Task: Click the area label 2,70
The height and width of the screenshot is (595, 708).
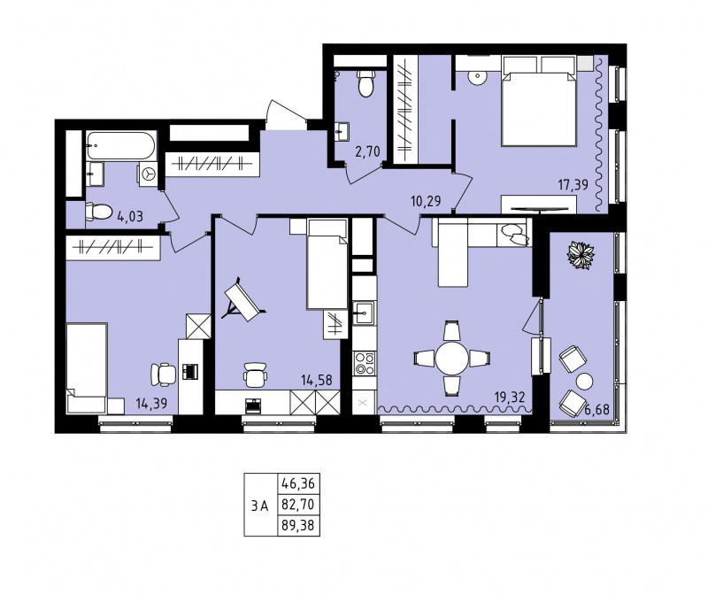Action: (x=367, y=151)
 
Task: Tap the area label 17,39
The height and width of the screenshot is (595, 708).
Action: (x=573, y=184)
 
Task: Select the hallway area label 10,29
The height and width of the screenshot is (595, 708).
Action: (x=426, y=201)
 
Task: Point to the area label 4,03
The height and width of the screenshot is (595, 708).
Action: (x=130, y=216)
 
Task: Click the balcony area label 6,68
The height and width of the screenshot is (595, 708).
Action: (x=596, y=410)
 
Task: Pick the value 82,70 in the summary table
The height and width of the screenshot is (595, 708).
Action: (x=298, y=504)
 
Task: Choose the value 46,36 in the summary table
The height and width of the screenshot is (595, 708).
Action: (x=298, y=483)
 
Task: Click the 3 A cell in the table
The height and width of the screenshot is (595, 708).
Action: (x=260, y=506)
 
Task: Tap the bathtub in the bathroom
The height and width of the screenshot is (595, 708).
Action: (x=121, y=145)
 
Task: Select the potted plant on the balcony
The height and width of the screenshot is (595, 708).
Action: (x=581, y=255)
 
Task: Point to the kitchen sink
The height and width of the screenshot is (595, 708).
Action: (x=364, y=313)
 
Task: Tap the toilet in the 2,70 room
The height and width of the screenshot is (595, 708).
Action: (x=366, y=83)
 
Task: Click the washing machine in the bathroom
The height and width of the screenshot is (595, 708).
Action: (x=148, y=174)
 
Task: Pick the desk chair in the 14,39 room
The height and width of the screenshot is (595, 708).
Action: (x=163, y=375)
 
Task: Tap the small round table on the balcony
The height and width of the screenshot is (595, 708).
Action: (x=584, y=382)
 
